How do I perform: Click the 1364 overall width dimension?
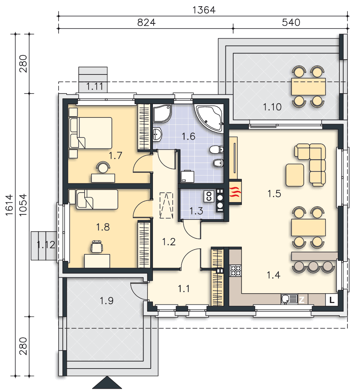204,10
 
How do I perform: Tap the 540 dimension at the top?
291,22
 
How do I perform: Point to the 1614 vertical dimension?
9,205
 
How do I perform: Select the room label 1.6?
188,136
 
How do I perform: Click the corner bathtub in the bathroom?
209,117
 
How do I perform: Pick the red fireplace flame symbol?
235,192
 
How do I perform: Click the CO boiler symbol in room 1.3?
209,197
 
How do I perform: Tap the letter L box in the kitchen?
332,300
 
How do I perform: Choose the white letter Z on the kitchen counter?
301,300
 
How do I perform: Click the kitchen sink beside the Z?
289,299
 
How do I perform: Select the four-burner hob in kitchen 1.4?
235,271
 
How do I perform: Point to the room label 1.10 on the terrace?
272,107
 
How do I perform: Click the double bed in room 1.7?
90,133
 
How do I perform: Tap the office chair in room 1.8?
96,246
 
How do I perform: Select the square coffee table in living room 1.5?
295,175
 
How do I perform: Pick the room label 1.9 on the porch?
106,301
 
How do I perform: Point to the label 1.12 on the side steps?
46,245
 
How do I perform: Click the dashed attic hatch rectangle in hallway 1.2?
166,205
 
